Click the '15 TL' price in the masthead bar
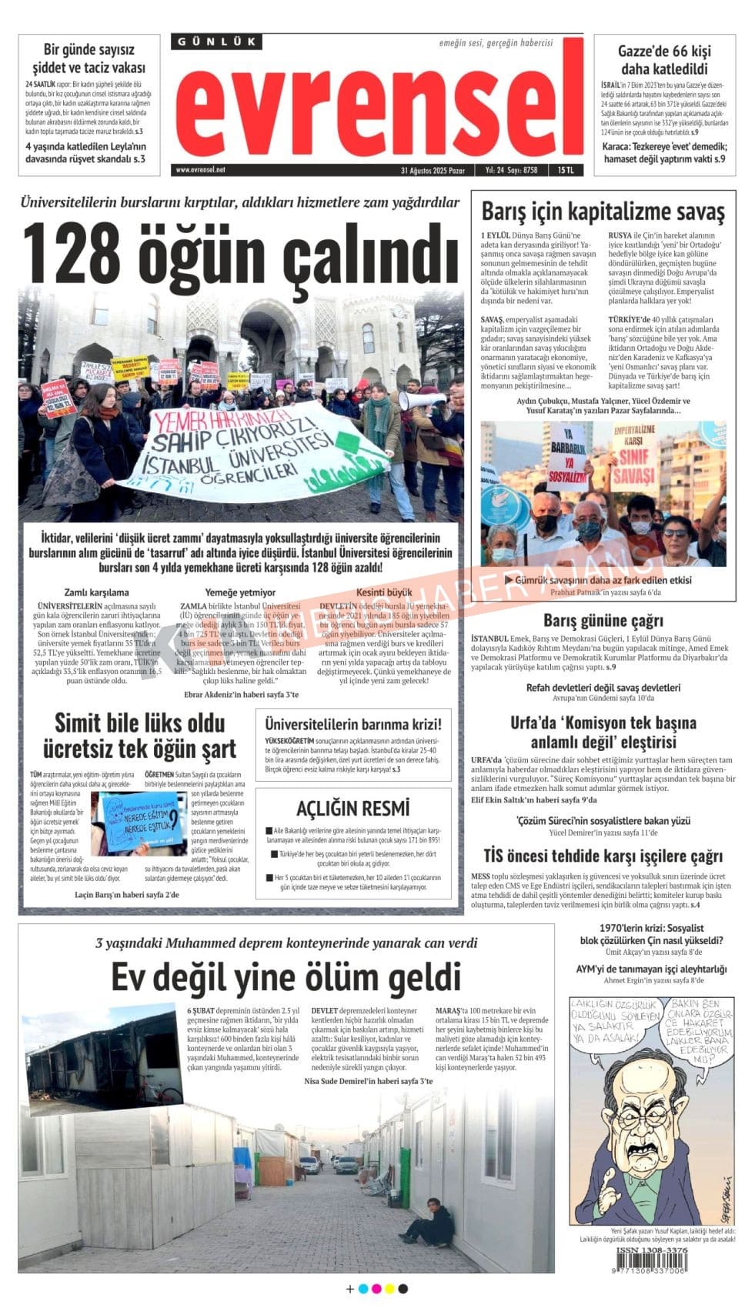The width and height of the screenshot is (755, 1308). [566, 170]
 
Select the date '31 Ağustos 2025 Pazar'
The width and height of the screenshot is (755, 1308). [432, 170]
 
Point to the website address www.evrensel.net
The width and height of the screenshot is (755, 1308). [201, 169]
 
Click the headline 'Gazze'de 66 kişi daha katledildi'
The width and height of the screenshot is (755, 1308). [664, 60]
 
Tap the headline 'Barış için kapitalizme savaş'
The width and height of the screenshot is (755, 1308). [603, 211]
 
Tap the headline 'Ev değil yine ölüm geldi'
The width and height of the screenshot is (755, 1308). [286, 977]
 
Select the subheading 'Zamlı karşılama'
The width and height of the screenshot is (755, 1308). [96, 592]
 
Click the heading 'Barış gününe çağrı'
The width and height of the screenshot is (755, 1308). [603, 620]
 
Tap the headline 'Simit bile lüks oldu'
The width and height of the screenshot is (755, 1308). [139, 723]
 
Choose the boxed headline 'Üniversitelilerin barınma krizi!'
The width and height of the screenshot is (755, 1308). [352, 724]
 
